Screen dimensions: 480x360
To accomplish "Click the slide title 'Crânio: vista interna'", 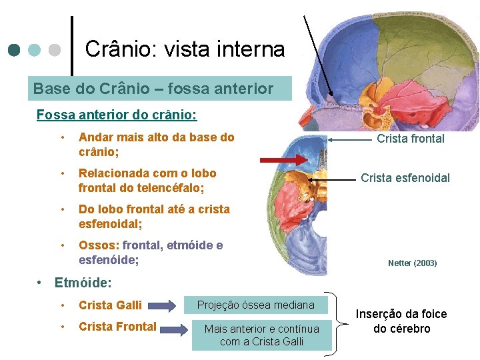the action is point(185,49).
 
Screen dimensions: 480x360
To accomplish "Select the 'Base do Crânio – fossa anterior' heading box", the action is point(153,89).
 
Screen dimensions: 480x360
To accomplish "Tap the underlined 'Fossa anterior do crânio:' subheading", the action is point(117,114).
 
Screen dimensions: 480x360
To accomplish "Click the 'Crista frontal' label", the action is point(410,139).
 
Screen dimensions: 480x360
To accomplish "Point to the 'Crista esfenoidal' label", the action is point(405,178).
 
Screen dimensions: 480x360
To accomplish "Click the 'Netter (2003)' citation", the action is point(412,263).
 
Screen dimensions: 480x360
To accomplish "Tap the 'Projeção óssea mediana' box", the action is point(256,305).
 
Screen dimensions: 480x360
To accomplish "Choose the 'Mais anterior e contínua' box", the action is point(261,335).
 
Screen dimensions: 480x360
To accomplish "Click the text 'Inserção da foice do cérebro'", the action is point(401,321).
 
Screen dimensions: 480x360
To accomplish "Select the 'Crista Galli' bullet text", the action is point(110,305).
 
